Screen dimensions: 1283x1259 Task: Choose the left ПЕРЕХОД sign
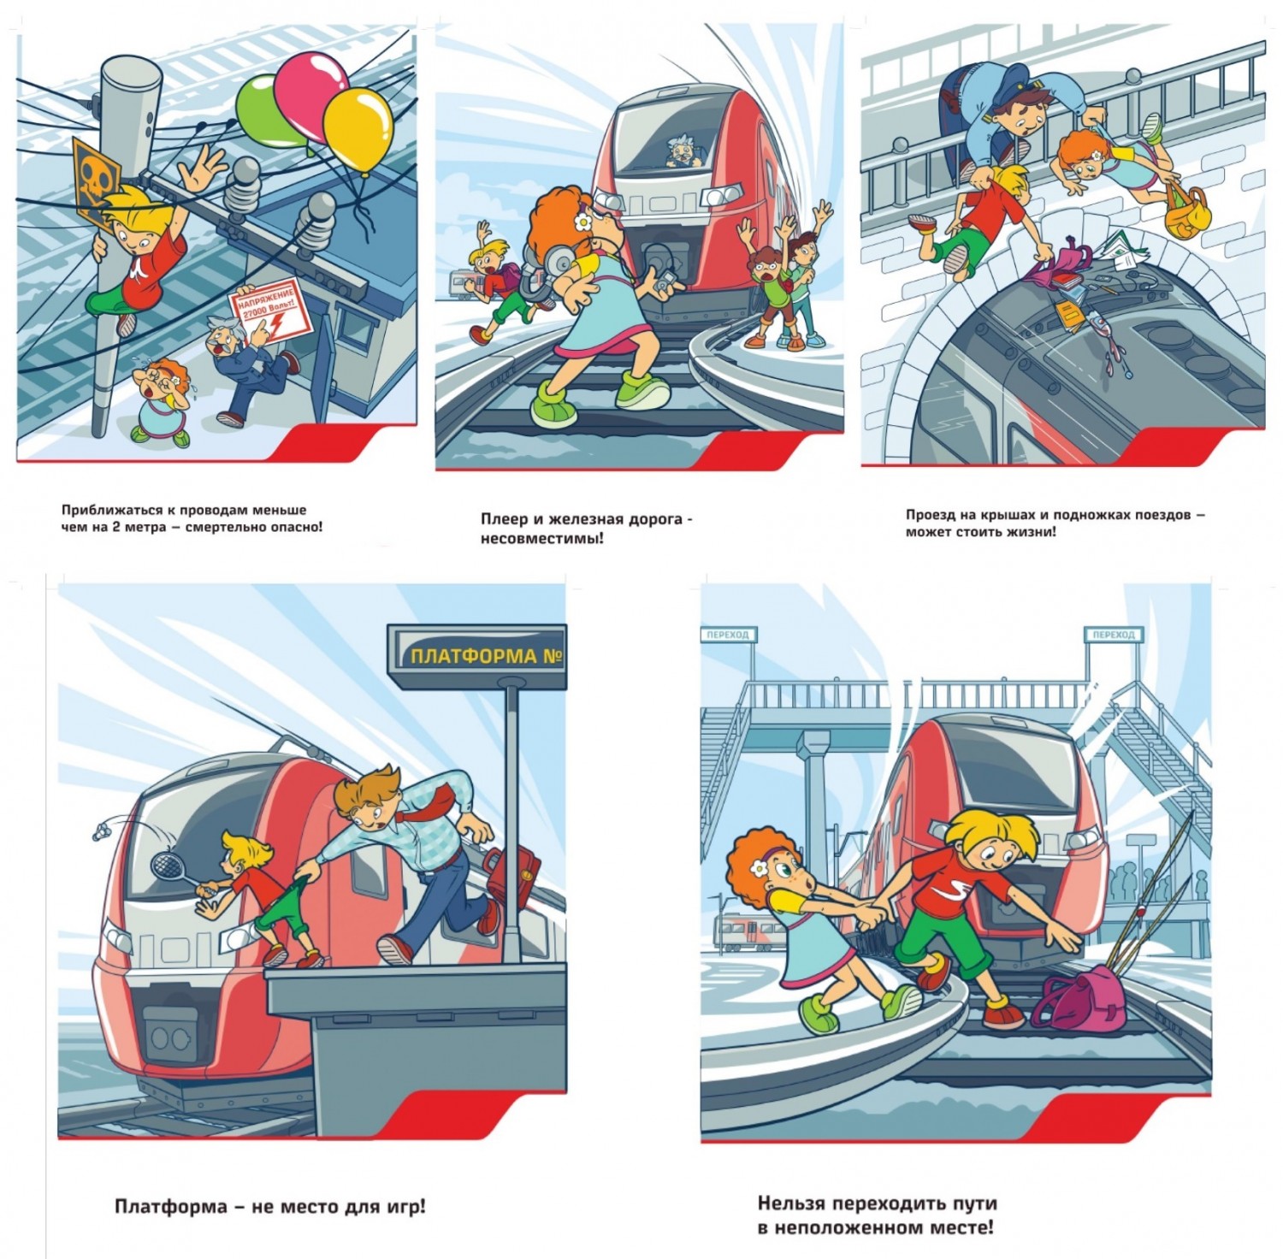(x=728, y=635)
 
